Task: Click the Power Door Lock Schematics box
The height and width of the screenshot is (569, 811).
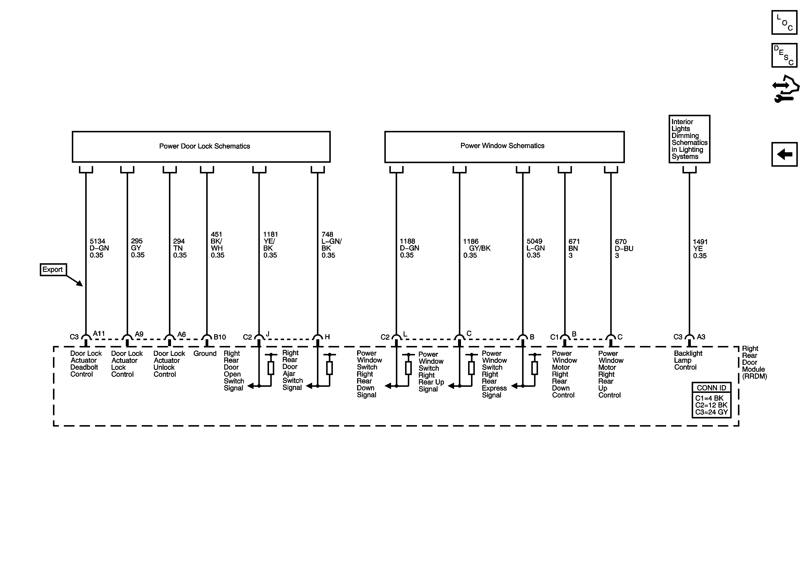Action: [x=201, y=147]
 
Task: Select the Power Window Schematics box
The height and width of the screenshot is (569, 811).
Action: [x=504, y=147]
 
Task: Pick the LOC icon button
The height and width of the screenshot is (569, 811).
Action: [x=784, y=23]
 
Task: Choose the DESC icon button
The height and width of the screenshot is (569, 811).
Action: [x=784, y=55]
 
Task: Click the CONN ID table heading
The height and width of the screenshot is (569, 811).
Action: [x=711, y=388]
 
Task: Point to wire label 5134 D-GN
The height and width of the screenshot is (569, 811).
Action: [x=99, y=248]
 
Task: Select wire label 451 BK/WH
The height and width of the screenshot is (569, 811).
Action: [x=217, y=245]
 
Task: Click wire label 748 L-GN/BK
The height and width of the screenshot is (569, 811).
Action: [x=331, y=245]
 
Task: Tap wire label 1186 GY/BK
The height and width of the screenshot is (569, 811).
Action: [x=476, y=248]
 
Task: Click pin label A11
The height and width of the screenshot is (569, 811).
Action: [x=99, y=334]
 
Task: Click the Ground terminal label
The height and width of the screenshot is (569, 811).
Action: [x=205, y=354]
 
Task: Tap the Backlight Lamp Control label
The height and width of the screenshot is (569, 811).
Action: [x=688, y=360]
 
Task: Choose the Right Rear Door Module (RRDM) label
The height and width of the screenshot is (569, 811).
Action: [x=754, y=362]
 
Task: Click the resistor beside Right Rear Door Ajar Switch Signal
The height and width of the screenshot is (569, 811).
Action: [x=330, y=368]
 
